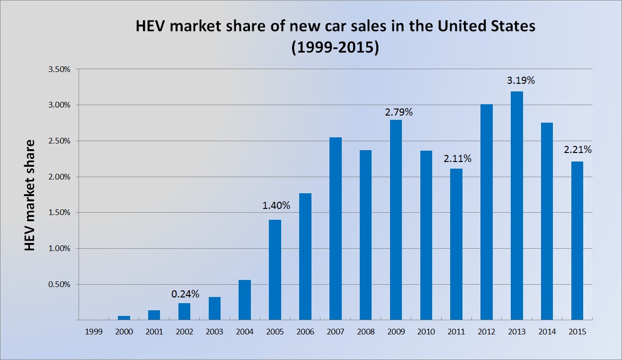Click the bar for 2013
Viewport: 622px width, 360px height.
[x=516, y=206]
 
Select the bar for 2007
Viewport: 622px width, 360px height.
[x=335, y=228]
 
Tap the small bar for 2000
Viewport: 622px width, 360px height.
[x=124, y=318]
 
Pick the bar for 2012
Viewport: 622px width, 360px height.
[x=487, y=212]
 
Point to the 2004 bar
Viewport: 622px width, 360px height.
[x=245, y=300]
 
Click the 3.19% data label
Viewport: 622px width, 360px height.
[x=521, y=81]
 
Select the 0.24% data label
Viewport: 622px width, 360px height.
[x=185, y=294]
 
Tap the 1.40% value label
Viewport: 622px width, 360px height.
[x=276, y=206]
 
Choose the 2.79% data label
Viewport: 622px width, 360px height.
[x=399, y=112]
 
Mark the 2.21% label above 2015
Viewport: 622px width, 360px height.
[x=578, y=150]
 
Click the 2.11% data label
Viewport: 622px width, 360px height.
[x=458, y=158]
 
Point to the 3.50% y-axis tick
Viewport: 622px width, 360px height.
[x=59, y=69]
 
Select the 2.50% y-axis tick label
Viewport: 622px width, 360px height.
[x=59, y=141]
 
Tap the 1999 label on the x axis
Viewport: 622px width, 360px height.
[x=94, y=332]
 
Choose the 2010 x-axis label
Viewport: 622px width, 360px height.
[x=426, y=332]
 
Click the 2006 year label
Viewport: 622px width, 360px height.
[x=305, y=332]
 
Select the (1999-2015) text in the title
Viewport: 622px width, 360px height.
[x=335, y=48]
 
